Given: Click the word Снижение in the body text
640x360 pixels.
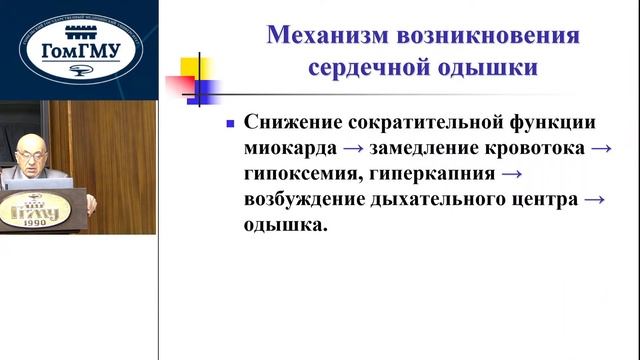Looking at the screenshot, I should click(x=291, y=123).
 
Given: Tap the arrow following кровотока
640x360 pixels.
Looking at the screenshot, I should click(x=600, y=149).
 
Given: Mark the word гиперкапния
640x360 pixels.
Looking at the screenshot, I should click(x=430, y=174).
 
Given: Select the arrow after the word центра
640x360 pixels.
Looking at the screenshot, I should click(x=594, y=199).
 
